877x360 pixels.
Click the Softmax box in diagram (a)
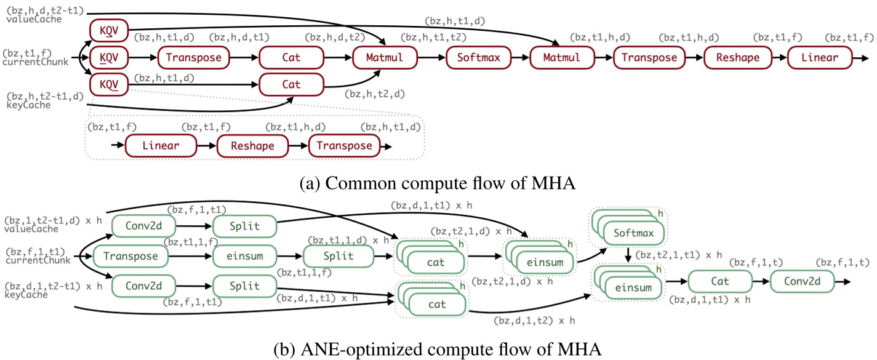pos(479,58)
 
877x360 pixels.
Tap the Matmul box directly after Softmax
pos(564,58)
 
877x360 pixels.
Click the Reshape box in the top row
pos(740,58)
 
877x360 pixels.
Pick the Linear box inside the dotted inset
pos(161,146)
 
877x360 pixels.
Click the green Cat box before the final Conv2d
pos(720,281)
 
